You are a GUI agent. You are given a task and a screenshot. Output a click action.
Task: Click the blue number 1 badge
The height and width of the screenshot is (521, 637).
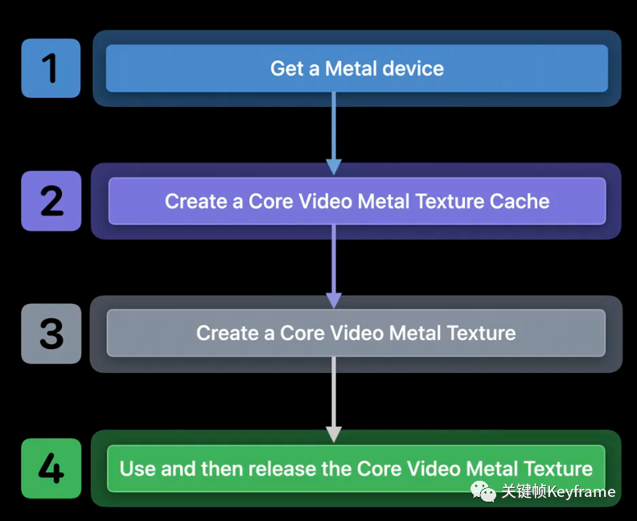[51, 68]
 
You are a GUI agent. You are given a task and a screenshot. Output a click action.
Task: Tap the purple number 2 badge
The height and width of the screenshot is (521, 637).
[51, 201]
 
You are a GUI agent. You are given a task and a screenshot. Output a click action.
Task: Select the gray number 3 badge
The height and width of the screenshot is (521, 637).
[51, 334]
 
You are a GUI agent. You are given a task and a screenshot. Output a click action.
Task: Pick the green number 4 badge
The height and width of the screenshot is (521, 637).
[51, 468]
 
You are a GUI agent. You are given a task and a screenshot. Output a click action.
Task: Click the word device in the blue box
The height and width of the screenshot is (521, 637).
[413, 68]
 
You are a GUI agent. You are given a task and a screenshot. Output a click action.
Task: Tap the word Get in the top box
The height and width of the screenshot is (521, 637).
[287, 68]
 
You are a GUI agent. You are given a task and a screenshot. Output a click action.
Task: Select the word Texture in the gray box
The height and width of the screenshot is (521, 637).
[481, 333]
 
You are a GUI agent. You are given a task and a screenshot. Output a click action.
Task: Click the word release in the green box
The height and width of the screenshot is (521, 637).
[282, 469]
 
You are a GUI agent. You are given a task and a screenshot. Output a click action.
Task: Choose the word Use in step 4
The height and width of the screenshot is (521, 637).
[138, 469]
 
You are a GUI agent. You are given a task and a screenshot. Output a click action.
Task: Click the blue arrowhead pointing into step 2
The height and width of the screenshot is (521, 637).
[334, 167]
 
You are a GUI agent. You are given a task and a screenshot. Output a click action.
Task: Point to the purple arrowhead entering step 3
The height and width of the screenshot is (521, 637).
[334, 301]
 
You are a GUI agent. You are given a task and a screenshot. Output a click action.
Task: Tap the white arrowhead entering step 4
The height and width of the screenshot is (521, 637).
[334, 434]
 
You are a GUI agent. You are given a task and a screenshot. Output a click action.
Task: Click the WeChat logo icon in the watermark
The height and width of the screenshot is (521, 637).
[483, 491]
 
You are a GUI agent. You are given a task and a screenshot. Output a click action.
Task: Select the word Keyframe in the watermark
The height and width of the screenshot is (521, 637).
[581, 492]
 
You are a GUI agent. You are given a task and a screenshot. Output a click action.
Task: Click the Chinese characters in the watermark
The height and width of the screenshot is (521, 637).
[524, 491]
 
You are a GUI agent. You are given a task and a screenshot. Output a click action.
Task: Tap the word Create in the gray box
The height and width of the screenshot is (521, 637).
[228, 333]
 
